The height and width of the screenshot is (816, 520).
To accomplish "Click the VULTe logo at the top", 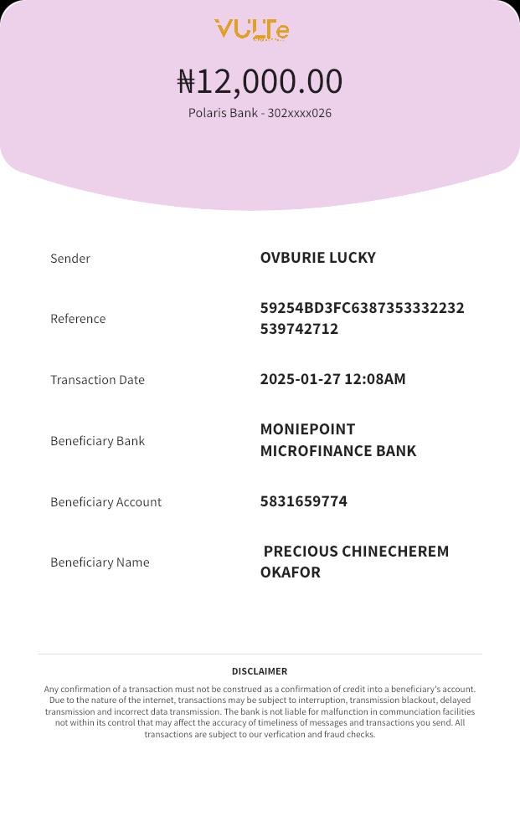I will (x=252, y=30).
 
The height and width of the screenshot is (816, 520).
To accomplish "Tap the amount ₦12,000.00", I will (x=260, y=81).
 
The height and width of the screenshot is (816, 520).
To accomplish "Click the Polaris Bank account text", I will (x=260, y=113).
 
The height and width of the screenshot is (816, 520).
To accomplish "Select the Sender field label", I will (x=70, y=259).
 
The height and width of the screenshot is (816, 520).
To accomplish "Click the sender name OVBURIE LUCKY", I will (x=317, y=258).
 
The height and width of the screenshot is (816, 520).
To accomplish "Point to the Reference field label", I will (x=78, y=319).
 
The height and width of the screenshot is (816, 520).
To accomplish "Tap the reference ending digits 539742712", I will (x=299, y=329).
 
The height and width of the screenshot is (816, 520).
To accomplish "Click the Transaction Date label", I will (x=97, y=380).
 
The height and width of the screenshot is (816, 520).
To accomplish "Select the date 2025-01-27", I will (x=300, y=379).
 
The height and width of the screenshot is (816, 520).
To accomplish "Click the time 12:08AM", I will (x=375, y=379).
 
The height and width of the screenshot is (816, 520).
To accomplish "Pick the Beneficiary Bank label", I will (x=97, y=441).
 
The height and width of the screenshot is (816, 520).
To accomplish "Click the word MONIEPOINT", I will (x=307, y=429).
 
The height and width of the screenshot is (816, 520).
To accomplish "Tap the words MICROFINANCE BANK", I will (x=338, y=451).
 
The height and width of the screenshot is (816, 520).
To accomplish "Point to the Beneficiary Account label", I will (x=106, y=502).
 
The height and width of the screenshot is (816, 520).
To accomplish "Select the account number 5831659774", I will (x=303, y=501).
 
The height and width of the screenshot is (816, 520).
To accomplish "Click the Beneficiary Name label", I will (x=100, y=562).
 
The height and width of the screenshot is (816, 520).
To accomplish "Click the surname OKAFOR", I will (x=290, y=572).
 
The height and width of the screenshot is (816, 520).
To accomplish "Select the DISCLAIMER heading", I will (x=260, y=671).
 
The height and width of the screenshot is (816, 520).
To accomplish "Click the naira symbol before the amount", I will (x=186, y=82).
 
